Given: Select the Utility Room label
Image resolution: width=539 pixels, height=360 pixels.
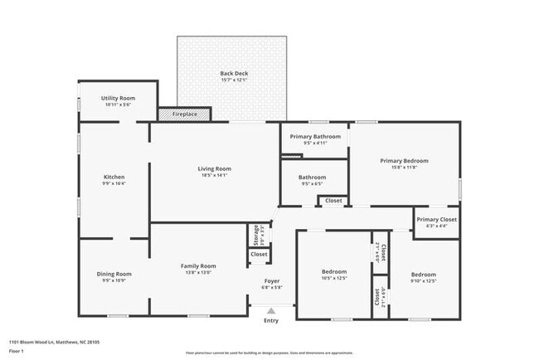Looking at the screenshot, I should tap(118, 98).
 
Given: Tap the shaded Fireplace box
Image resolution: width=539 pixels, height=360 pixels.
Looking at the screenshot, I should tap(185, 114).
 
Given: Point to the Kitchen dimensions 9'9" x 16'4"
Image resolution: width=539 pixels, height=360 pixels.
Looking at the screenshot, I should tap(114, 183).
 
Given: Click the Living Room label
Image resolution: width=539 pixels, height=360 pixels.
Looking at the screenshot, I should tap(214, 169).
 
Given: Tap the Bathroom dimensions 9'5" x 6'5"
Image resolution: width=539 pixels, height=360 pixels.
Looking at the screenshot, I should tap(313, 183).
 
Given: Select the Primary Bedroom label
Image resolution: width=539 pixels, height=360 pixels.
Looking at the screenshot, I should tap(404, 160).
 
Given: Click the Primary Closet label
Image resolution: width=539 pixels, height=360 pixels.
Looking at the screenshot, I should tap(436, 219).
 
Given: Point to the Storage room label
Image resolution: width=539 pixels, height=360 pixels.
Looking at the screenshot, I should tap(256, 235).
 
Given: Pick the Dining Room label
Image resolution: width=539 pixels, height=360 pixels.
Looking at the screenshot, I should tap(114, 273).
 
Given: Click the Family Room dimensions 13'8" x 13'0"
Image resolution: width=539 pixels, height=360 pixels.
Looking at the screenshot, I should tap(198, 272).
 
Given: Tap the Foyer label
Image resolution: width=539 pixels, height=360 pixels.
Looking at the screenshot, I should tap(271, 281).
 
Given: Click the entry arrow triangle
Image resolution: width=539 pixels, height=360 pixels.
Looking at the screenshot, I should tap(271, 310).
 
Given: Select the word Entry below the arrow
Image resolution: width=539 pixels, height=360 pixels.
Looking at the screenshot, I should tap(271, 320).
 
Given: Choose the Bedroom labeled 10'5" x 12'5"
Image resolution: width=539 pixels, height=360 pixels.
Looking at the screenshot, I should tap(334, 271).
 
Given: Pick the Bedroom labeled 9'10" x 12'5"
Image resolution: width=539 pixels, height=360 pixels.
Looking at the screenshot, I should tap(423, 274).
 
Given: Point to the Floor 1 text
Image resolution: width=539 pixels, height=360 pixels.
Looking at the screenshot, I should tap(17, 351).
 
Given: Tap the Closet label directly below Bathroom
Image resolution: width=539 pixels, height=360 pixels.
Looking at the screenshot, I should tap(333, 201).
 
